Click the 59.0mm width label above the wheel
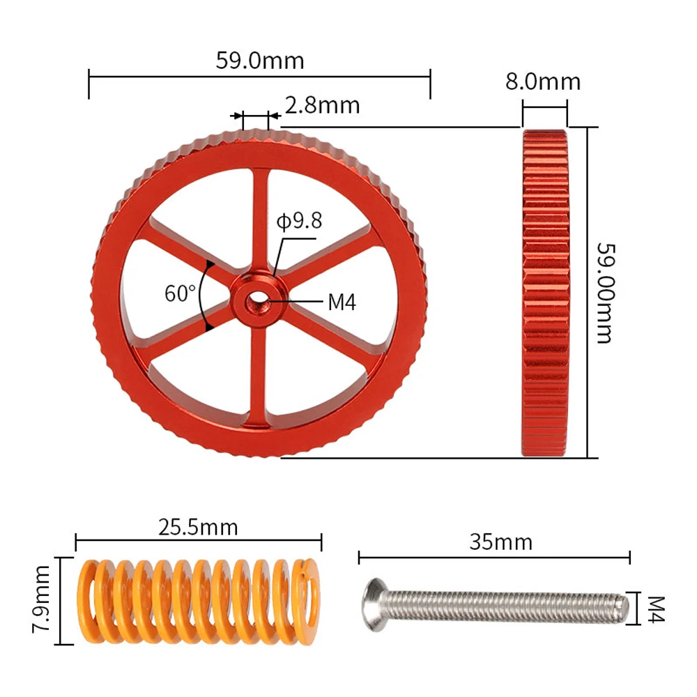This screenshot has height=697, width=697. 260,61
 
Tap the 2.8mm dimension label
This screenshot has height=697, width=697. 322,105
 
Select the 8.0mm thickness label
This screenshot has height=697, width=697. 543,82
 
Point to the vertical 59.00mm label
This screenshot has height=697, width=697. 605,293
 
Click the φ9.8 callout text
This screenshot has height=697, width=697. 299,220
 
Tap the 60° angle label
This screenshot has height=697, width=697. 180,293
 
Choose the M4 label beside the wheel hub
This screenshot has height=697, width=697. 342,302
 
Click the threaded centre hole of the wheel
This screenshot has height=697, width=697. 256,302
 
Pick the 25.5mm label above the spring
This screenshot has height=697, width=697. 198,527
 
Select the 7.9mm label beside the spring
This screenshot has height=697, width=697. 42,599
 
